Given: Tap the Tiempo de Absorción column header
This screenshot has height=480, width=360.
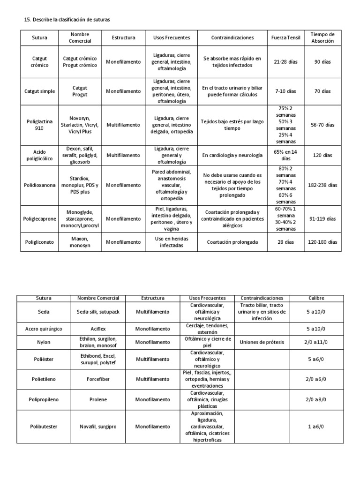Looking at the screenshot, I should [x=322, y=37].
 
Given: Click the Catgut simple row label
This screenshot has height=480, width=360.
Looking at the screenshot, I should [x=40, y=91].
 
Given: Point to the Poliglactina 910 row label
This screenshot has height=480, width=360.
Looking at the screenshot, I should [x=40, y=125].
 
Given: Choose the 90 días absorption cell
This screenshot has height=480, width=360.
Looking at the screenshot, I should [x=322, y=62].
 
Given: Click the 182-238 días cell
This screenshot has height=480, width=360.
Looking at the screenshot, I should [x=322, y=185].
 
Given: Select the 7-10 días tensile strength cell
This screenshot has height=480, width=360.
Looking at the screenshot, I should [x=285, y=91].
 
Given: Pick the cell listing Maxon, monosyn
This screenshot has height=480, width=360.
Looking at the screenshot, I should [x=80, y=242].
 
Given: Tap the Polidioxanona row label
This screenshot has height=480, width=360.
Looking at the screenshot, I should [x=40, y=185].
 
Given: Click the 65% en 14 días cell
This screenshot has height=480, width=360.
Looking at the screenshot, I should [x=285, y=155].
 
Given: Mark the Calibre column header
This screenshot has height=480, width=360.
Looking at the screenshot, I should [x=316, y=298].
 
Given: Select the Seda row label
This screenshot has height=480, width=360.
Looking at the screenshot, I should [x=43, y=312].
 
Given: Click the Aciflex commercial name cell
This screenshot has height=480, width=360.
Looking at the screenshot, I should [x=98, y=329].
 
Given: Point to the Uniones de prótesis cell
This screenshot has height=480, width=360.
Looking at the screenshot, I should [x=262, y=342].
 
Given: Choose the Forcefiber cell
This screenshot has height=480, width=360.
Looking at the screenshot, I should [x=98, y=379].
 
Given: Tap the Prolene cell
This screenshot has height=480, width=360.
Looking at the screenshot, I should [x=98, y=399].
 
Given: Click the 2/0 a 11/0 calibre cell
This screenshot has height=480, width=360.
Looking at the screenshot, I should [x=316, y=342].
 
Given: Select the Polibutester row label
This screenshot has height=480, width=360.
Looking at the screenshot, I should [x=43, y=427].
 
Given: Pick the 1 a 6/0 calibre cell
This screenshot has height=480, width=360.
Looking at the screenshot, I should [x=316, y=427].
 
